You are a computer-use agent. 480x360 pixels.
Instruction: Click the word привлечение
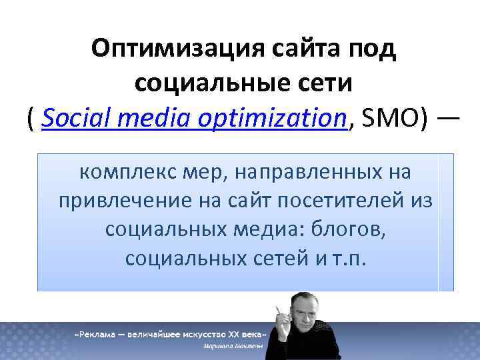click(x=117, y=201)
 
